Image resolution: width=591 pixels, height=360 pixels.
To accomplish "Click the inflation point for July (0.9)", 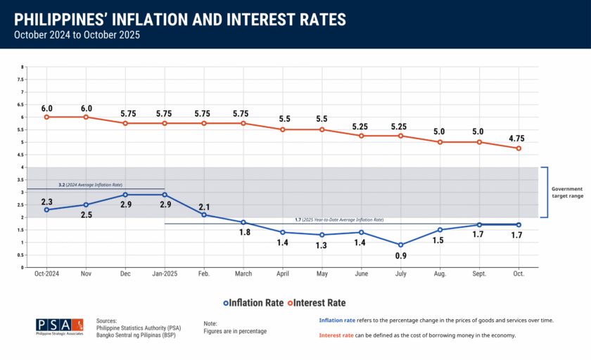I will (x=400, y=245).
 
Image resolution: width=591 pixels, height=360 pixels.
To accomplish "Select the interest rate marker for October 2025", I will (x=519, y=148).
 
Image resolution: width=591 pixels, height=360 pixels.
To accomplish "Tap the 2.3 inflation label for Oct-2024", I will (x=46, y=201).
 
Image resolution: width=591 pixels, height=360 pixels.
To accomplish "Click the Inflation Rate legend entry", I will (x=253, y=303).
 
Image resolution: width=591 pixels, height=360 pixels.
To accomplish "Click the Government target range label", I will (x=566, y=192).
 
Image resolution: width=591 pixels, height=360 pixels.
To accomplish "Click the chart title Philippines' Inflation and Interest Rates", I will (x=179, y=18).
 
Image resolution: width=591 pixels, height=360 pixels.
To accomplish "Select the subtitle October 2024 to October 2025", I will (x=77, y=34).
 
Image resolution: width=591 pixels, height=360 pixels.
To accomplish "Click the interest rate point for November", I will (x=86, y=117).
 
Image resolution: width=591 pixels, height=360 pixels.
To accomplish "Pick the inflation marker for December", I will (x=125, y=195).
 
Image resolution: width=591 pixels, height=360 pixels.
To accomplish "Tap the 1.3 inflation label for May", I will (x=322, y=246).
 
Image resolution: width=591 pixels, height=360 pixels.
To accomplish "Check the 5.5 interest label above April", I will (x=282, y=120).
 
